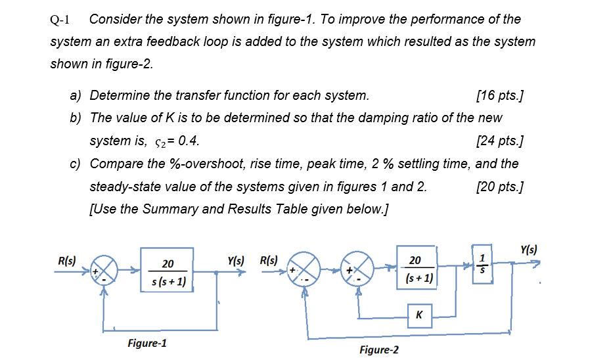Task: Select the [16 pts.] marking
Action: coord(499,96)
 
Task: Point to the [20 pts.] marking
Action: coord(499,187)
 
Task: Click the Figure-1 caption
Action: coord(147,343)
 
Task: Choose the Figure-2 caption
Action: coord(379,349)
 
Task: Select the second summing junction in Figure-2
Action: coord(358,269)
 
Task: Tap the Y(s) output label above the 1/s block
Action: coord(528,250)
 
